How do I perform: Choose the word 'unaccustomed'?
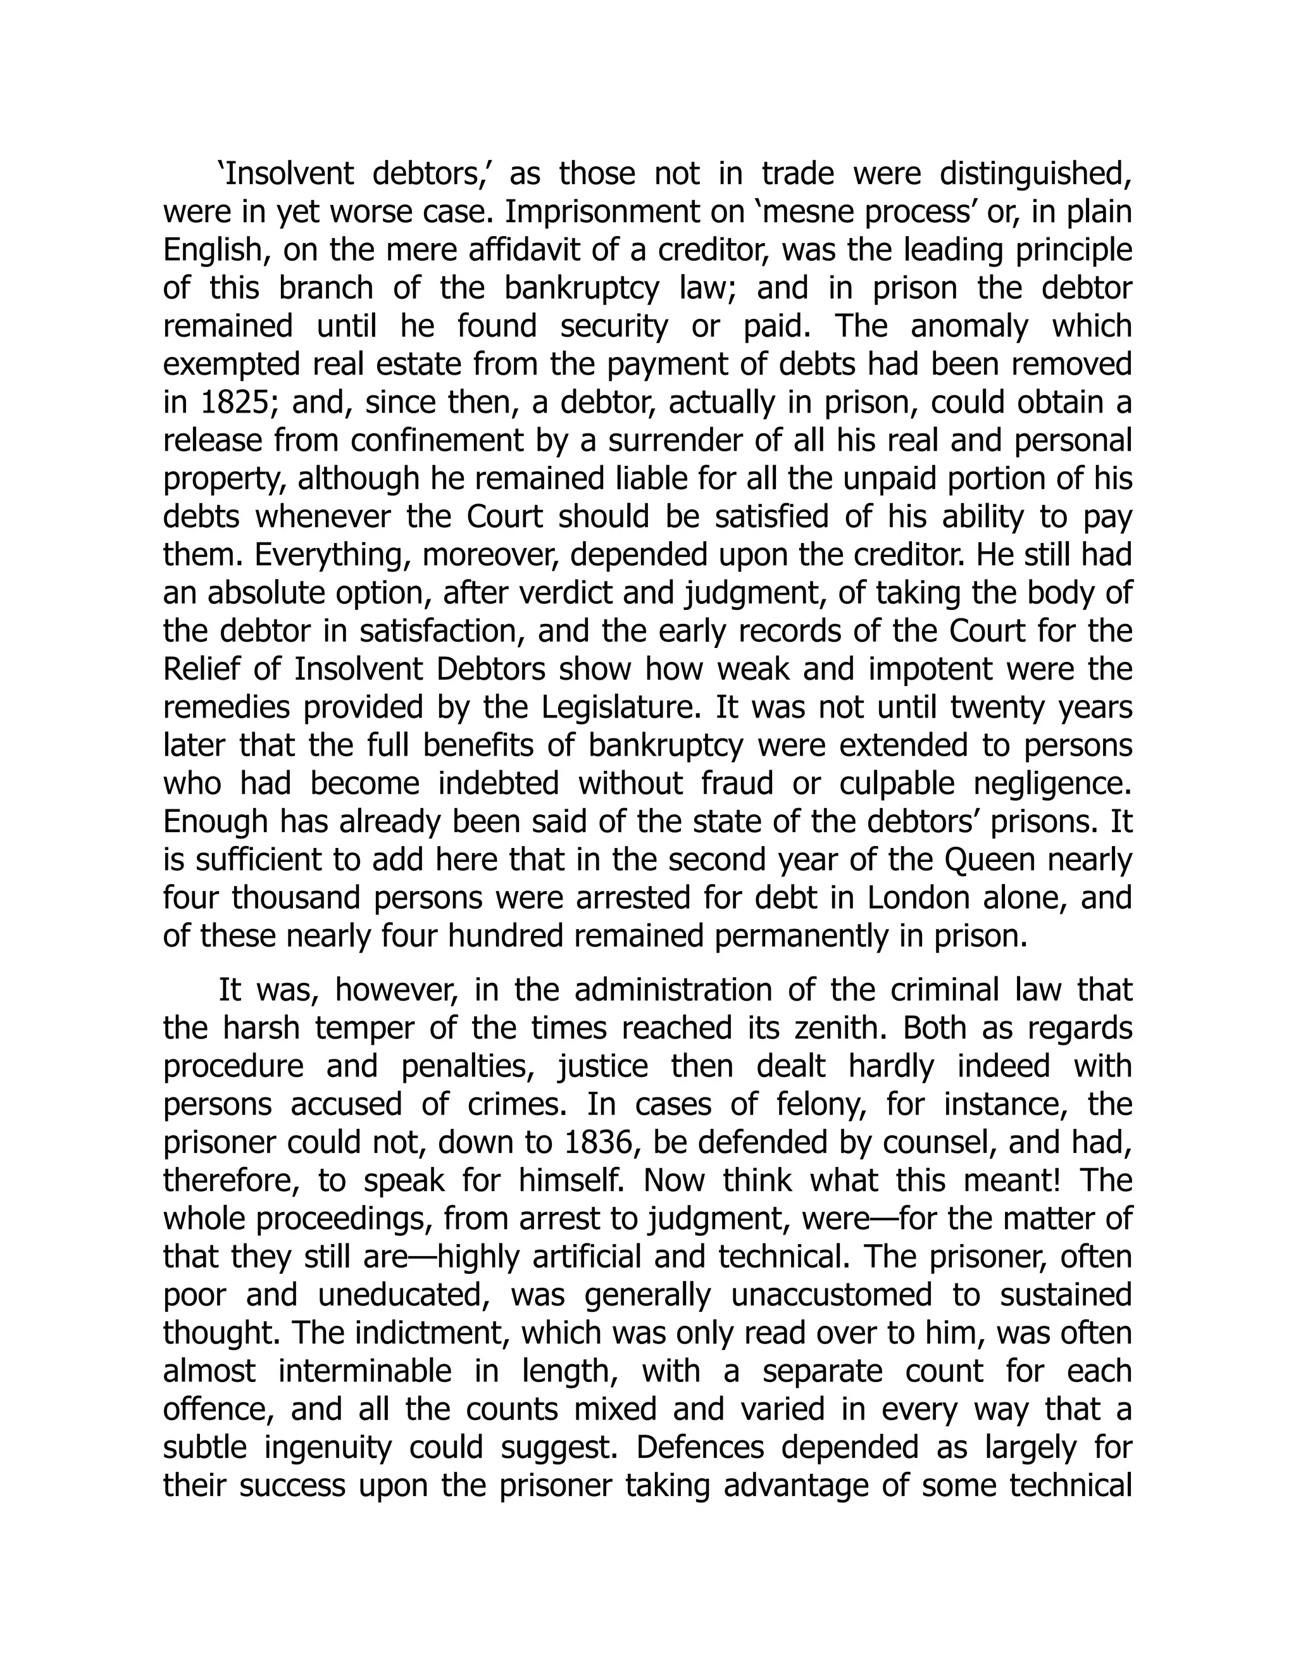pyautogui.click(x=831, y=1295)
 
